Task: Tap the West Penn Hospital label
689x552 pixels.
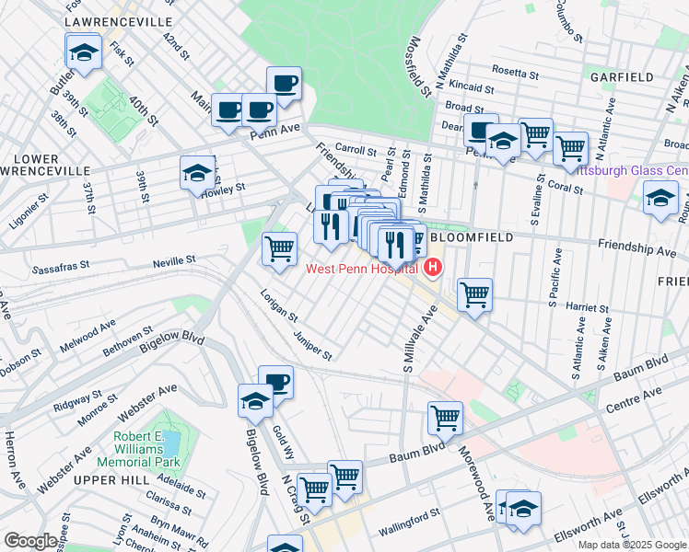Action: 363,268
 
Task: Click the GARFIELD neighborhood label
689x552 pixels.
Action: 622,76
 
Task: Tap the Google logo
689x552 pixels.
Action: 31,541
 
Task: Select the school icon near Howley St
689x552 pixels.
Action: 196,172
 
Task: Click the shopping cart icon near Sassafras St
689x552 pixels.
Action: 279,247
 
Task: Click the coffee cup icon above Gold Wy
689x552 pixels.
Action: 275,381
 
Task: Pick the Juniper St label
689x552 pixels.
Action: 313,341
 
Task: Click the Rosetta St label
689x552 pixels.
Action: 515,72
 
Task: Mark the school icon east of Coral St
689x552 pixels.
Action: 660,197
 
